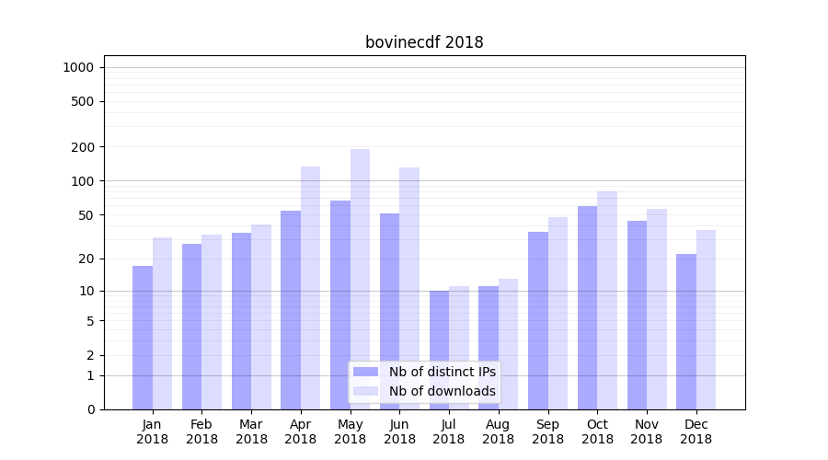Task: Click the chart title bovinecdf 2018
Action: point(424,42)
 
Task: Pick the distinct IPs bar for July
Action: point(439,350)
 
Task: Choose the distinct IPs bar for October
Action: point(587,307)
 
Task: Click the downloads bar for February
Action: point(212,322)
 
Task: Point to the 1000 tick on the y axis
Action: point(78,67)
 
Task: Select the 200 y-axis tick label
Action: point(84,147)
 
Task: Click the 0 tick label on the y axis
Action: point(90,409)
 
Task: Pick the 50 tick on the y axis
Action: point(86,215)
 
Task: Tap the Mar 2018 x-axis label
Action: point(251,431)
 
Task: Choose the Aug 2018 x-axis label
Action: point(498,431)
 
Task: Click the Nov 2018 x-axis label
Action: point(647,431)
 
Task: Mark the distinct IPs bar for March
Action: point(241,321)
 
